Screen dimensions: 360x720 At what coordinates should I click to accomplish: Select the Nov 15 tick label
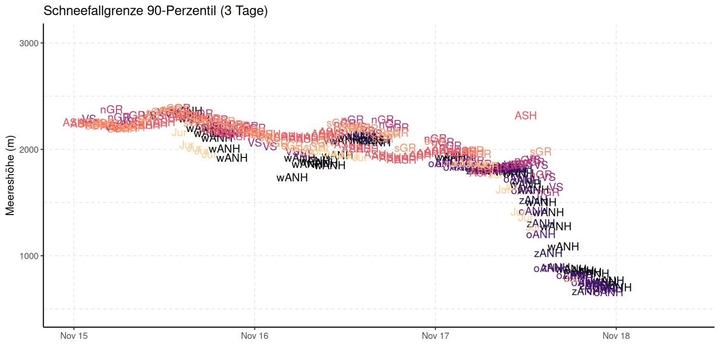[x=73, y=336]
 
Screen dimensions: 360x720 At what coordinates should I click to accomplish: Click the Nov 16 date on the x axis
[x=254, y=336]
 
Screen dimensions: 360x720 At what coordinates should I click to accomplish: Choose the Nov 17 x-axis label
[x=435, y=336]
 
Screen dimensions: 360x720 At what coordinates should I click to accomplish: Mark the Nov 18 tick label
[x=616, y=336]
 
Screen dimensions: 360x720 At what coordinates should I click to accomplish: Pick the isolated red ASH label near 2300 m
[x=526, y=116]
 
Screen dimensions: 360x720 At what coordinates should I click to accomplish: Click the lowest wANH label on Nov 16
[x=292, y=178]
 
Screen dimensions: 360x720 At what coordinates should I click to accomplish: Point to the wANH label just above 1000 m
[x=563, y=247]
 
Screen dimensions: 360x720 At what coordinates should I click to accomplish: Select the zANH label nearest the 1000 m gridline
[x=548, y=254]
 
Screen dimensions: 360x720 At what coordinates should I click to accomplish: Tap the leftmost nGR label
[x=111, y=110]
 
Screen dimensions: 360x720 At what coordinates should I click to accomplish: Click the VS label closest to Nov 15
[x=89, y=118]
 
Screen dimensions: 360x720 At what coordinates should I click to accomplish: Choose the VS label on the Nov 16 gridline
[x=255, y=143]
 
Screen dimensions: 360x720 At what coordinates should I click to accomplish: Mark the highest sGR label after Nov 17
[x=540, y=152]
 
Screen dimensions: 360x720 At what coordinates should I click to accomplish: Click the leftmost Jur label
[x=180, y=132]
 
